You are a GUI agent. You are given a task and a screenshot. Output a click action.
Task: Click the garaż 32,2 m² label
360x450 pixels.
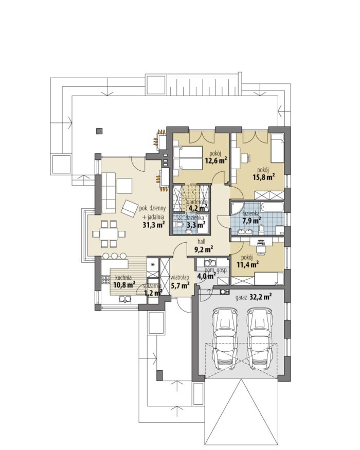(x=254, y=297)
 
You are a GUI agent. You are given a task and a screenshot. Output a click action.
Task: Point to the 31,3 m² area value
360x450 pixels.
(x=154, y=224)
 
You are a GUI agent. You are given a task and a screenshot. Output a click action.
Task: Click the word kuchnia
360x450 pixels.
(x=123, y=278)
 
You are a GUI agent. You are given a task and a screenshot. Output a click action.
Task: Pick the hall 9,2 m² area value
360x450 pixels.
(x=204, y=249)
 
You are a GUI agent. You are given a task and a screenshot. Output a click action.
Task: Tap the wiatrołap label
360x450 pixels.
(x=179, y=277)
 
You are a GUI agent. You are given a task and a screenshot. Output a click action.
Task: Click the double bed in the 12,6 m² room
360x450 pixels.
(x=188, y=157)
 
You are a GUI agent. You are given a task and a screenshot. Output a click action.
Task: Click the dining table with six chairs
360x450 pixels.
(x=109, y=233)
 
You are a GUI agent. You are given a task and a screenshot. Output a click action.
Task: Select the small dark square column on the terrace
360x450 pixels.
(x=99, y=131)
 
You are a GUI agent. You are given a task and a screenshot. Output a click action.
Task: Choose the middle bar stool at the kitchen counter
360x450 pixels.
(x=115, y=256)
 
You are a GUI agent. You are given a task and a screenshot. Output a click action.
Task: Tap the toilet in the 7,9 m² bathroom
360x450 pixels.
(x=261, y=229)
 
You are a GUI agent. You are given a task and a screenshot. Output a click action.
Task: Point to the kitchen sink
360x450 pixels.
(x=125, y=300)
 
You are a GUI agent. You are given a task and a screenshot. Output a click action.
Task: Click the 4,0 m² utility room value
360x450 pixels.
(x=206, y=276)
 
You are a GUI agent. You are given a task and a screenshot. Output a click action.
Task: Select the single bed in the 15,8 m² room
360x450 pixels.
(x=277, y=148)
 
